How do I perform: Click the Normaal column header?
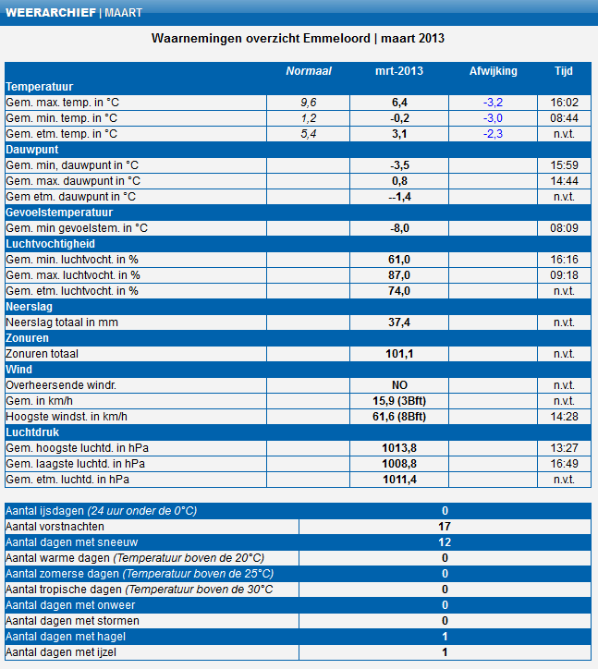309,71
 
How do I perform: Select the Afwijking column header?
493,71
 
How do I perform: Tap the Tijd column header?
564,71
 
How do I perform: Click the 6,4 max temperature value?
399,103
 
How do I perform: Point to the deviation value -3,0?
493,118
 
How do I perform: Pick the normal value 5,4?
308,134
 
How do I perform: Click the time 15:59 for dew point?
565,165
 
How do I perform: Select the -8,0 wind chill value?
399,228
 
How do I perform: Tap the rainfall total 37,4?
399,322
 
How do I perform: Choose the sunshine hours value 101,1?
399,354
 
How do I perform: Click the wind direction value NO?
399,385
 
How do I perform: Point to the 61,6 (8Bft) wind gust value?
399,417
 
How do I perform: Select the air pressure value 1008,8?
399,464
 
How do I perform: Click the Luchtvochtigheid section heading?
50,244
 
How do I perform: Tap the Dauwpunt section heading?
32,150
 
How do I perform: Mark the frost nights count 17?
445,527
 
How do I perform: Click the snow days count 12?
445,542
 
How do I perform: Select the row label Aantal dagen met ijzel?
61,652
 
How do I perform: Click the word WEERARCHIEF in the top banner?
51,12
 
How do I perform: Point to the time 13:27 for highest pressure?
565,448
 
